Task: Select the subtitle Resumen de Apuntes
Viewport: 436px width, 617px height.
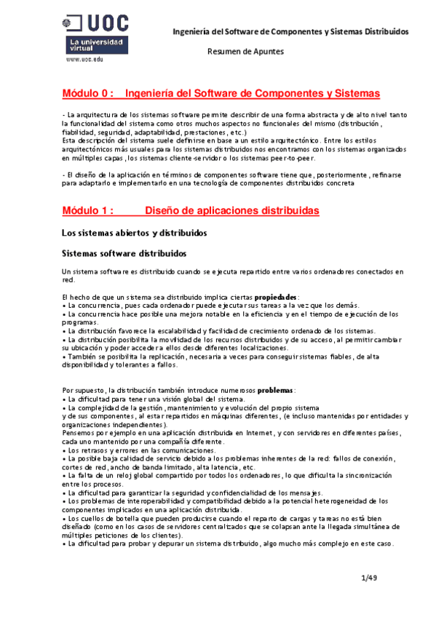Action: click(245, 52)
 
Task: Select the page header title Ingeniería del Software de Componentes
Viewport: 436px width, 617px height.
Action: click(290, 32)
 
